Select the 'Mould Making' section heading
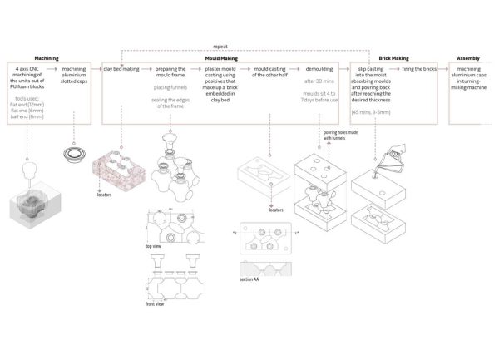[x=222, y=58]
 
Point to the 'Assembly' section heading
[x=468, y=58]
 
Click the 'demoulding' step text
[x=319, y=69]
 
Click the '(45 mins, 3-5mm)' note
[x=374, y=111]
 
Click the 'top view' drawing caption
[x=153, y=247]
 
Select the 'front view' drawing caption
[x=156, y=304]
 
